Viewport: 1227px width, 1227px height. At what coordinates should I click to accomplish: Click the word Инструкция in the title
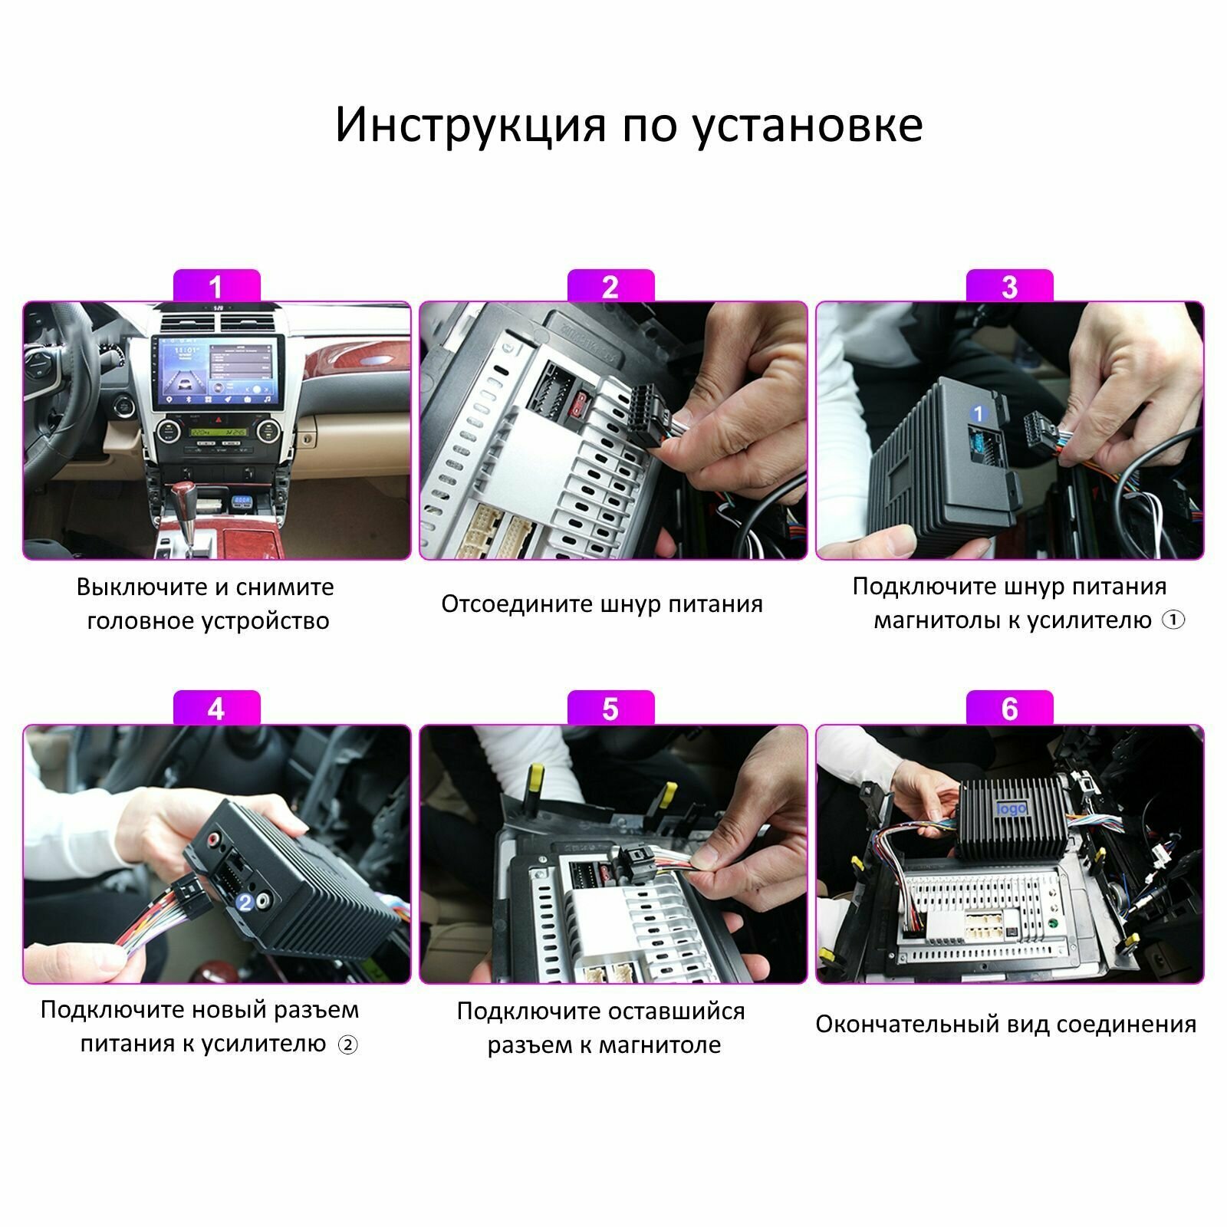[470, 125]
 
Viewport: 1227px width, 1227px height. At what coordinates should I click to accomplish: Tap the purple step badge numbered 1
[216, 285]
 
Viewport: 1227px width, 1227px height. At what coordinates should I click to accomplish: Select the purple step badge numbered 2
[610, 285]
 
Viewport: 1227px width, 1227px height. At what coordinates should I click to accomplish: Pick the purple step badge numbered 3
[1009, 285]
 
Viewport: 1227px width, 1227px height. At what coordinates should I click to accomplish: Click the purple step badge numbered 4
[216, 708]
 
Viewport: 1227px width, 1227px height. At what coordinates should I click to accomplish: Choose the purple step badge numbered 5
[610, 708]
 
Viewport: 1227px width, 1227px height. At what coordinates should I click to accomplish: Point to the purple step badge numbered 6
[1009, 708]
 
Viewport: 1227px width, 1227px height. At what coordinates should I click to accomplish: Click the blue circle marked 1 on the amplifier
[978, 414]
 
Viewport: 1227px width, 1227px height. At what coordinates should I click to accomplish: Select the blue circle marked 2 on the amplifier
[245, 902]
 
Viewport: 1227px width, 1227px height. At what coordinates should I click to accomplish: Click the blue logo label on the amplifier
[1011, 810]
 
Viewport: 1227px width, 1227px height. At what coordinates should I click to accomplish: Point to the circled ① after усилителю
[1173, 620]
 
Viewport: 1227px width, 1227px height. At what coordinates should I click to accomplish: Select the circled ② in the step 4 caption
[348, 1044]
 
